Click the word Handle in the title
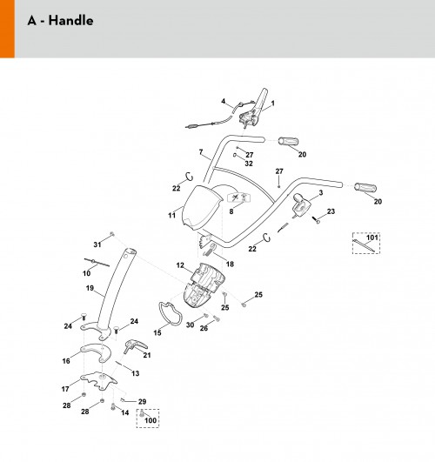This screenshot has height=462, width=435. point(70,21)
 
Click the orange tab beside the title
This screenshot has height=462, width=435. point(7,29)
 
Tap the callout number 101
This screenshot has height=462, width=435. point(372,238)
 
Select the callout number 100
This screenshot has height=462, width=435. point(151,420)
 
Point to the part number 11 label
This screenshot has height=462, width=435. point(171,216)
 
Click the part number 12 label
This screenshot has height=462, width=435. point(180,265)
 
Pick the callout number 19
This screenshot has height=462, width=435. point(90,288)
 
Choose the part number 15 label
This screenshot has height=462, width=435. point(157,332)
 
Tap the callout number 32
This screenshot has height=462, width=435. point(249,164)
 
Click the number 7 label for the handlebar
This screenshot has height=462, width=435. point(201,152)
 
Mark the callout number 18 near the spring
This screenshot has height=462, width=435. point(230,264)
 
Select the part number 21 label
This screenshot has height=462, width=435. point(147,355)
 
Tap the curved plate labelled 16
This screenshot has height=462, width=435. point(96,352)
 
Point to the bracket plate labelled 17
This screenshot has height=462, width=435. point(98,380)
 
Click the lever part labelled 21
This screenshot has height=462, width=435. point(134,345)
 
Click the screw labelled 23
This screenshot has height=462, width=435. point(316,219)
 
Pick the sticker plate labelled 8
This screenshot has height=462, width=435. point(238,198)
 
